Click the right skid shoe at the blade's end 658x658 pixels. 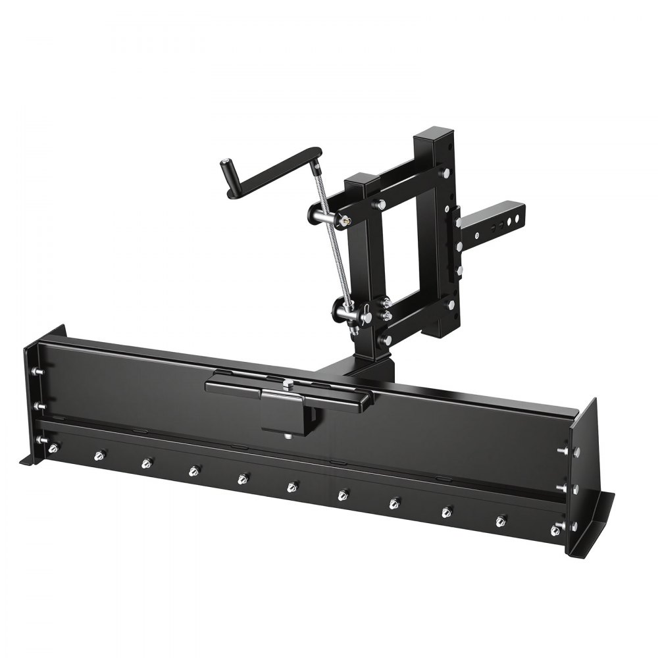click(595, 520)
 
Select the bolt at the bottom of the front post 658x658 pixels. click(386, 340)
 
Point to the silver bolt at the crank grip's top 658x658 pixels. click(226, 162)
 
